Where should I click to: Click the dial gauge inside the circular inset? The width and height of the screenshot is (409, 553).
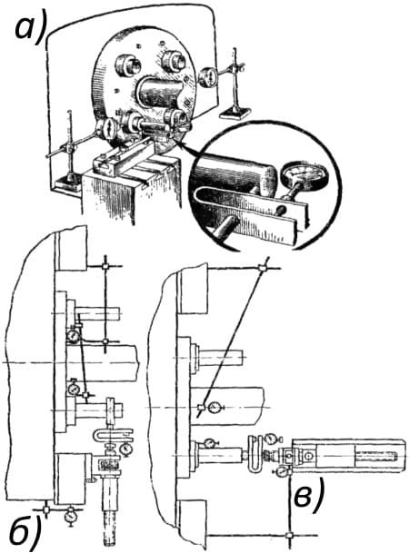tap(304, 176)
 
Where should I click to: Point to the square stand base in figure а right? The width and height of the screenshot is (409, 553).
tap(234, 113)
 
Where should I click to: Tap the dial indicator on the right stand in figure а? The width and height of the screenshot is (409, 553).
tap(207, 77)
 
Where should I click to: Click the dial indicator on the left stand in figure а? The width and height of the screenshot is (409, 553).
tap(106, 128)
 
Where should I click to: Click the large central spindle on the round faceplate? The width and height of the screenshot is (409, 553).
tap(159, 92)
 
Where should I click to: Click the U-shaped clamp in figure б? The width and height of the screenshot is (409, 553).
tap(114, 435)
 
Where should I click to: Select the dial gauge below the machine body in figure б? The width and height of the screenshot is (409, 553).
tap(72, 517)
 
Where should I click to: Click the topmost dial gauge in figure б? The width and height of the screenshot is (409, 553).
tap(74, 335)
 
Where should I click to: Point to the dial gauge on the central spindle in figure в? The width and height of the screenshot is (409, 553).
tap(214, 408)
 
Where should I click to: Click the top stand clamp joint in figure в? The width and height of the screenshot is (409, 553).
tap(262, 268)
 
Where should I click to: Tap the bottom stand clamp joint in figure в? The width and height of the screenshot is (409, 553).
tap(289, 535)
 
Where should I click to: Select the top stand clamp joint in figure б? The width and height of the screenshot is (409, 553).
tap(105, 267)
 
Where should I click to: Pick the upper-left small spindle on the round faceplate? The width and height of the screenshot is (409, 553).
tap(129, 64)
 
